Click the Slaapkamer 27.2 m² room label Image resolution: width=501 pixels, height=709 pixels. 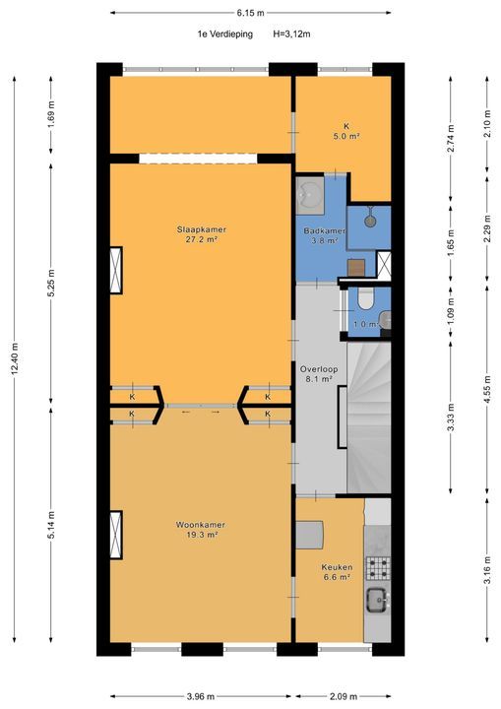tap(202, 233)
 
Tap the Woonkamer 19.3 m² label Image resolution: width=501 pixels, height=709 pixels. tap(202, 530)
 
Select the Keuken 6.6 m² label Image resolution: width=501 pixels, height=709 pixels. tap(336, 572)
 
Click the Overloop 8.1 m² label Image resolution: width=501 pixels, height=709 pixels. tap(317, 373)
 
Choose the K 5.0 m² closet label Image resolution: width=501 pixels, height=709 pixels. tap(345, 131)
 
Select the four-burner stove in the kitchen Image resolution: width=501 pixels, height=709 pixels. tap(378, 567)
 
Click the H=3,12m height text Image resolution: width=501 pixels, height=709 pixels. tap(290, 33)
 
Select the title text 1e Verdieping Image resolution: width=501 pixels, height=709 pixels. tap(223, 33)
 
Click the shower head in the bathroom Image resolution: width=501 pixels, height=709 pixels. tap(369, 219)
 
